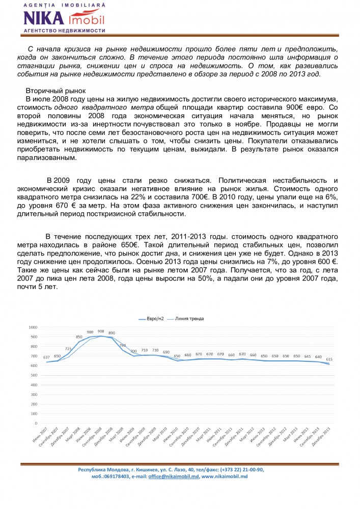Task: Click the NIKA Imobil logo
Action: pyautogui.click(x=63, y=17)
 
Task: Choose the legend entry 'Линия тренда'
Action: pyautogui.click(x=190, y=319)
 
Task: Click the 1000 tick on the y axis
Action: pyautogui.click(x=33, y=327)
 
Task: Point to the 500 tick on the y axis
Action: pyautogui.click(x=34, y=375)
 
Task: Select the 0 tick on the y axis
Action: pyautogui.click(x=36, y=423)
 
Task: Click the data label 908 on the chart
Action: pyautogui.click(x=101, y=331)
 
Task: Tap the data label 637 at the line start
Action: pyautogui.click(x=46, y=357)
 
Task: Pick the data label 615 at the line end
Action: pyautogui.click(x=329, y=359)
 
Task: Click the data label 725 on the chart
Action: pyautogui.click(x=68, y=349)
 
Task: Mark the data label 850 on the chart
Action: pyautogui.click(x=79, y=337)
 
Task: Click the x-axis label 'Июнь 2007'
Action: pyautogui.click(x=40, y=436)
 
